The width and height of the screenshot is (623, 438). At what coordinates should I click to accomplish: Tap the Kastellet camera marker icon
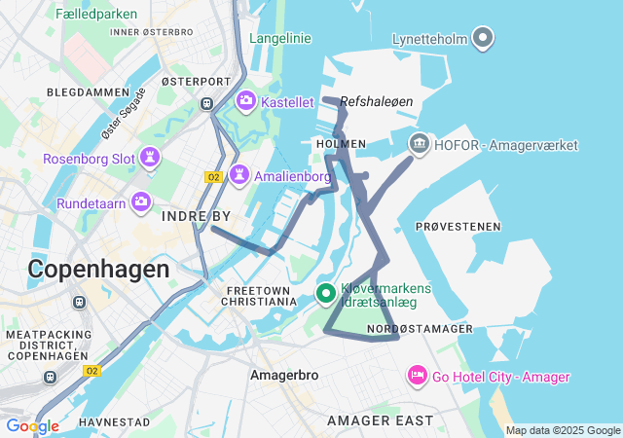pos(246,100)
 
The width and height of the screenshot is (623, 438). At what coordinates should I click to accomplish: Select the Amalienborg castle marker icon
pos(238,176)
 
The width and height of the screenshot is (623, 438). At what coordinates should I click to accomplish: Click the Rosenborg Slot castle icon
pos(150,158)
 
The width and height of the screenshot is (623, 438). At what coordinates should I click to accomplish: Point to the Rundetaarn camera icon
pos(142,202)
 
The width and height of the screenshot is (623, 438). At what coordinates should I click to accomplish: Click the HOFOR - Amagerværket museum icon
pos(419,145)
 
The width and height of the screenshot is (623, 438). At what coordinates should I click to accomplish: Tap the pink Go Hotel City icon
pos(418,376)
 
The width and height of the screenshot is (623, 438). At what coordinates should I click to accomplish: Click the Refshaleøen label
pos(377,100)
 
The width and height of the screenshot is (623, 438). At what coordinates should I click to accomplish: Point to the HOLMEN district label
pos(341,144)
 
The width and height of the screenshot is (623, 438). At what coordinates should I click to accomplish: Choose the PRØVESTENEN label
pos(458,227)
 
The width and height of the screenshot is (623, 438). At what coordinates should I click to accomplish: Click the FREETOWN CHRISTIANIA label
pos(260,296)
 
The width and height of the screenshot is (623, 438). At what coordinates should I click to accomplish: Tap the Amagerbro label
pos(278,374)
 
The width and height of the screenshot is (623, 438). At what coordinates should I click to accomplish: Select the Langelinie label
pos(280,39)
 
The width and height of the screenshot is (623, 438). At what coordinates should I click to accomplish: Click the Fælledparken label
pos(96,15)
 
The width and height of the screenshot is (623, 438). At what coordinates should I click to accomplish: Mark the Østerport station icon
pos(206,102)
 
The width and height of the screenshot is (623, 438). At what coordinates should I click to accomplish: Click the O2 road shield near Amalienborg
pos(213,176)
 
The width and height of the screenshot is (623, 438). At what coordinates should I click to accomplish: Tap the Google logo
pos(32,425)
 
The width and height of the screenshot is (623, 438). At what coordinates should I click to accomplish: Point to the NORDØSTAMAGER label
pos(421,329)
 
